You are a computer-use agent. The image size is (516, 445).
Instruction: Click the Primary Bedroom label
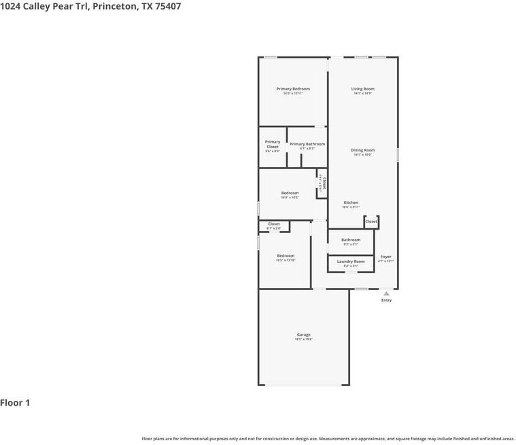pos(293,89)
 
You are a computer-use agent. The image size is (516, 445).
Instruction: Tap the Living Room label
pos(362,89)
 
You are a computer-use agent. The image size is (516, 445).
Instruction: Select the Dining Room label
pos(362,150)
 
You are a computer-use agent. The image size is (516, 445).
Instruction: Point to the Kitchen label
pos(351,202)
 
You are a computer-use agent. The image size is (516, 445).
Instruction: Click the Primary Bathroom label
pos(307,144)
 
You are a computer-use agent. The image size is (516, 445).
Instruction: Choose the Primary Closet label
pos(273,145)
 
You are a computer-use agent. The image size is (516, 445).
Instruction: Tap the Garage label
pos(303,335)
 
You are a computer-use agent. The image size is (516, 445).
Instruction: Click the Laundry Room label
pos(351,262)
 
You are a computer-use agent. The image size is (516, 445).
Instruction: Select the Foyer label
pos(385,257)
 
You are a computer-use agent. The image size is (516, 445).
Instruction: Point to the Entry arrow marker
pos(386,293)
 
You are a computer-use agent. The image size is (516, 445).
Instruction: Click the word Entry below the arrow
pos(386,300)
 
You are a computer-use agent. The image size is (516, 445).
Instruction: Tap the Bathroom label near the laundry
pos(351,240)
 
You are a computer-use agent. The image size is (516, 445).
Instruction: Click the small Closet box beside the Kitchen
pos(371,221)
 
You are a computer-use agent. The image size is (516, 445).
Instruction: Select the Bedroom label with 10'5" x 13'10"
pos(286,256)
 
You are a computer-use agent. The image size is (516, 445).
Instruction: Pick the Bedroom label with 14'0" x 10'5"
pos(290,193)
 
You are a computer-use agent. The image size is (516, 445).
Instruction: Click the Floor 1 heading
pos(15,403)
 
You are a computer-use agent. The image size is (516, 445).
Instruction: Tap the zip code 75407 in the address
pos(167,6)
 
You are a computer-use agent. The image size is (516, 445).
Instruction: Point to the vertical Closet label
pos(324,183)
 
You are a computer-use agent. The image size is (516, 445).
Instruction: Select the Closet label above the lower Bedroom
pos(274,224)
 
